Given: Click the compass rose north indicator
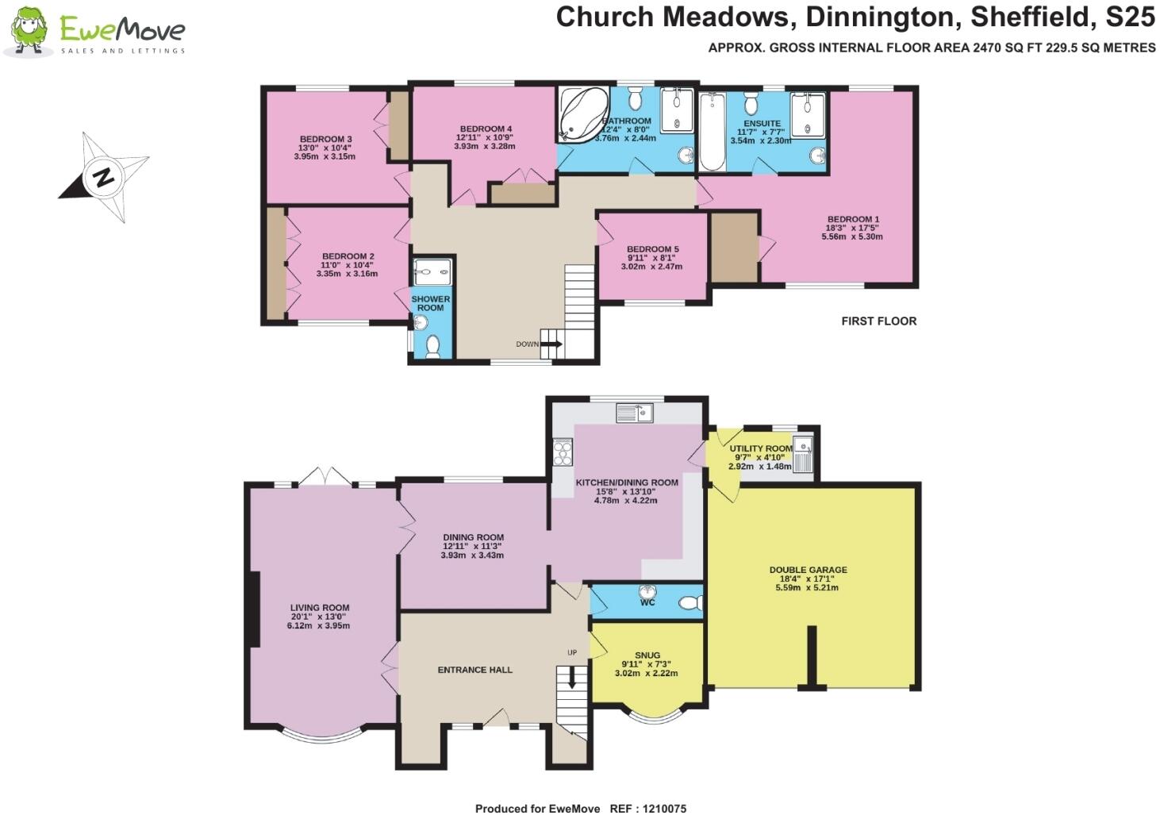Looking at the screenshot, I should pos(103,176).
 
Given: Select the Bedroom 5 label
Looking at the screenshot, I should pos(652,249).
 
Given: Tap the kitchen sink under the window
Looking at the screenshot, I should pos(634,413).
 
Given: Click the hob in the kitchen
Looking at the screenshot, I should pos(563,452).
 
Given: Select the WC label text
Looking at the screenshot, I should pos(647,602).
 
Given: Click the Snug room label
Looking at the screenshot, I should pos(647,655).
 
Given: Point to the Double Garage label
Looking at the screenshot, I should pos(808,570).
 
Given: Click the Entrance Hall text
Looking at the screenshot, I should pos(474,670).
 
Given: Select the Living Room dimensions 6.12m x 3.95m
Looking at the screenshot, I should pos(318,625).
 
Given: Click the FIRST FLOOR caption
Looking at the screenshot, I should pos(878,321).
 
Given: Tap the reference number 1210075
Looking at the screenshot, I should pos(659,808).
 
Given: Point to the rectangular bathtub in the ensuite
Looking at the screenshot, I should pos(712,132).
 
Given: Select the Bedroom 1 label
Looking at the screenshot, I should pos(853,219).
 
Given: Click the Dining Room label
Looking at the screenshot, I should pos(473,537).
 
